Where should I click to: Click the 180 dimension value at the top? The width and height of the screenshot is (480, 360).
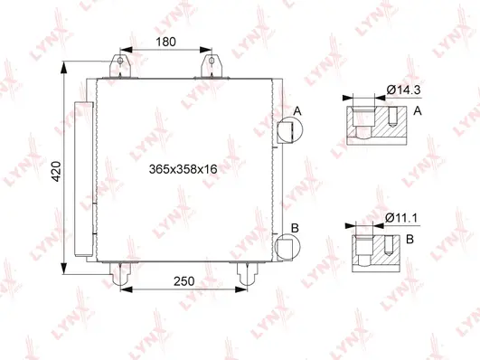[x=165, y=42]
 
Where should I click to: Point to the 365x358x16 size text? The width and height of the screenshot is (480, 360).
[x=184, y=168]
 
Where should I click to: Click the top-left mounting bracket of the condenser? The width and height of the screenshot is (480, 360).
[x=118, y=67]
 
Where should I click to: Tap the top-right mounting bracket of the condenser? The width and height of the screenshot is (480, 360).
[x=214, y=67]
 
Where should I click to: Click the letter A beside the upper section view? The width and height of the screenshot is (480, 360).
[x=419, y=111]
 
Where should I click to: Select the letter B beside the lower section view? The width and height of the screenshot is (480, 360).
[x=411, y=239]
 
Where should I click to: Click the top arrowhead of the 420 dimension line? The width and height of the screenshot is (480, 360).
[x=64, y=70]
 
